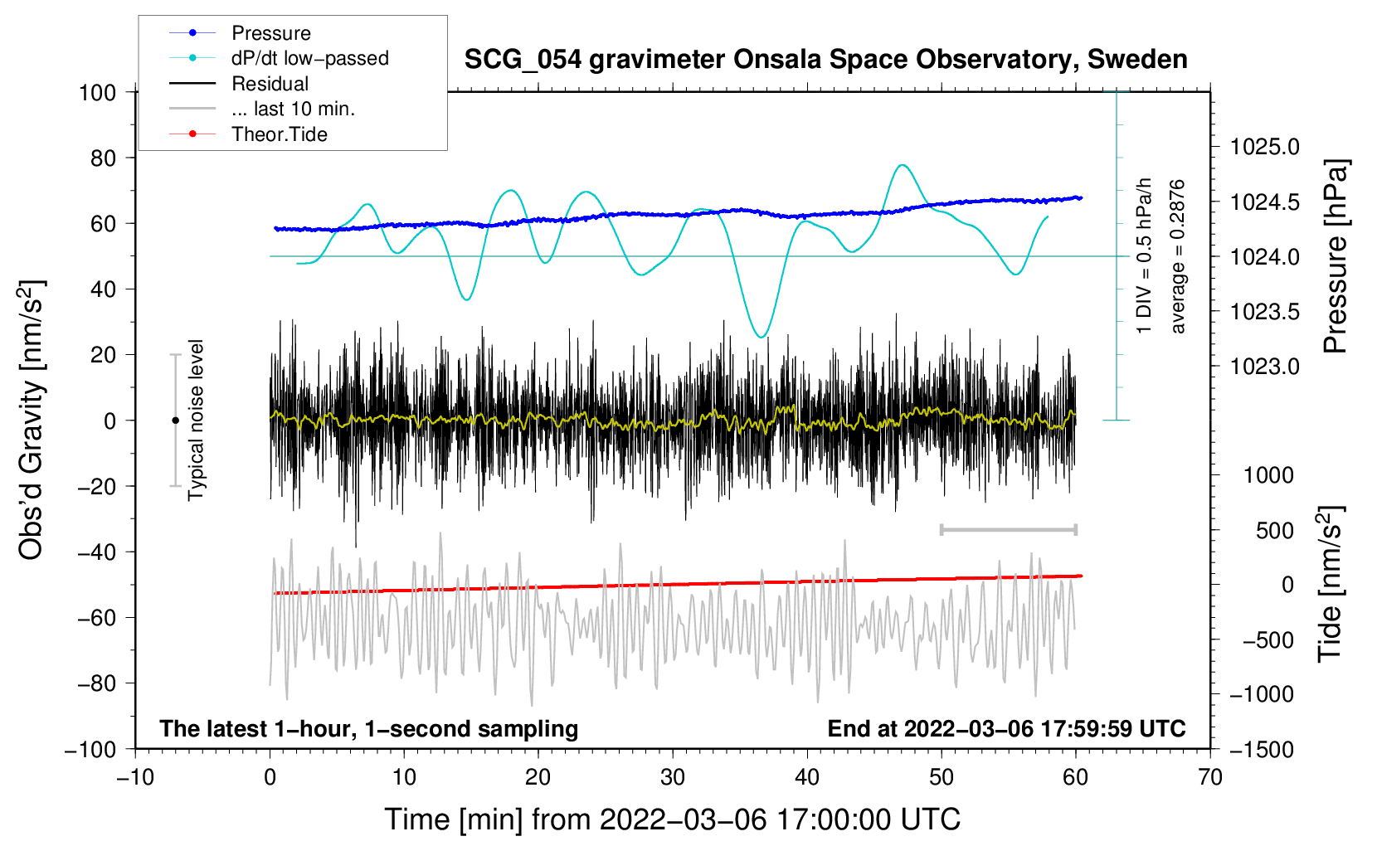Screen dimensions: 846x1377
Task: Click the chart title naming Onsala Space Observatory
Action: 825,60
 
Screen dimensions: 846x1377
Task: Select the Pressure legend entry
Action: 270,33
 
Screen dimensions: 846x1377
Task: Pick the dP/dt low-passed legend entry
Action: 309,58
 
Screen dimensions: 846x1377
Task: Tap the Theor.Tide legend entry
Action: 279,134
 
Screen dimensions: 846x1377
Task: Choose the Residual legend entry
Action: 270,84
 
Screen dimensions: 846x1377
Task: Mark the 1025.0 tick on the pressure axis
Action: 1264,147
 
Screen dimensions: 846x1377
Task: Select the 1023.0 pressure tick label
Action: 1264,367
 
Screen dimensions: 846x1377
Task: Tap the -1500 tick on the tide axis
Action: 1262,749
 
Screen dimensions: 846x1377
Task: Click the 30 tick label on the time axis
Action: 673,777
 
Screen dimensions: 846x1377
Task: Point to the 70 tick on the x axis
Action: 1210,777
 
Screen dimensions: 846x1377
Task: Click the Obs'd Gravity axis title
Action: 31,421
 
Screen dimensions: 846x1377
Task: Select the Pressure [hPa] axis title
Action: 1336,257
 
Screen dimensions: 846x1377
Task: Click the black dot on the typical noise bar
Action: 175,421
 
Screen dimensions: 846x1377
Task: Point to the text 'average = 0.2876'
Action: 1178,257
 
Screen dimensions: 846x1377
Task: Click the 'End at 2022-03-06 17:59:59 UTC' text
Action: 1006,728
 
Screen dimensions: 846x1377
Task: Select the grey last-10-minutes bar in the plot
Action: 1008,529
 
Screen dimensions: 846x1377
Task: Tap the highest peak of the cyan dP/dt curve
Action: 903,165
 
